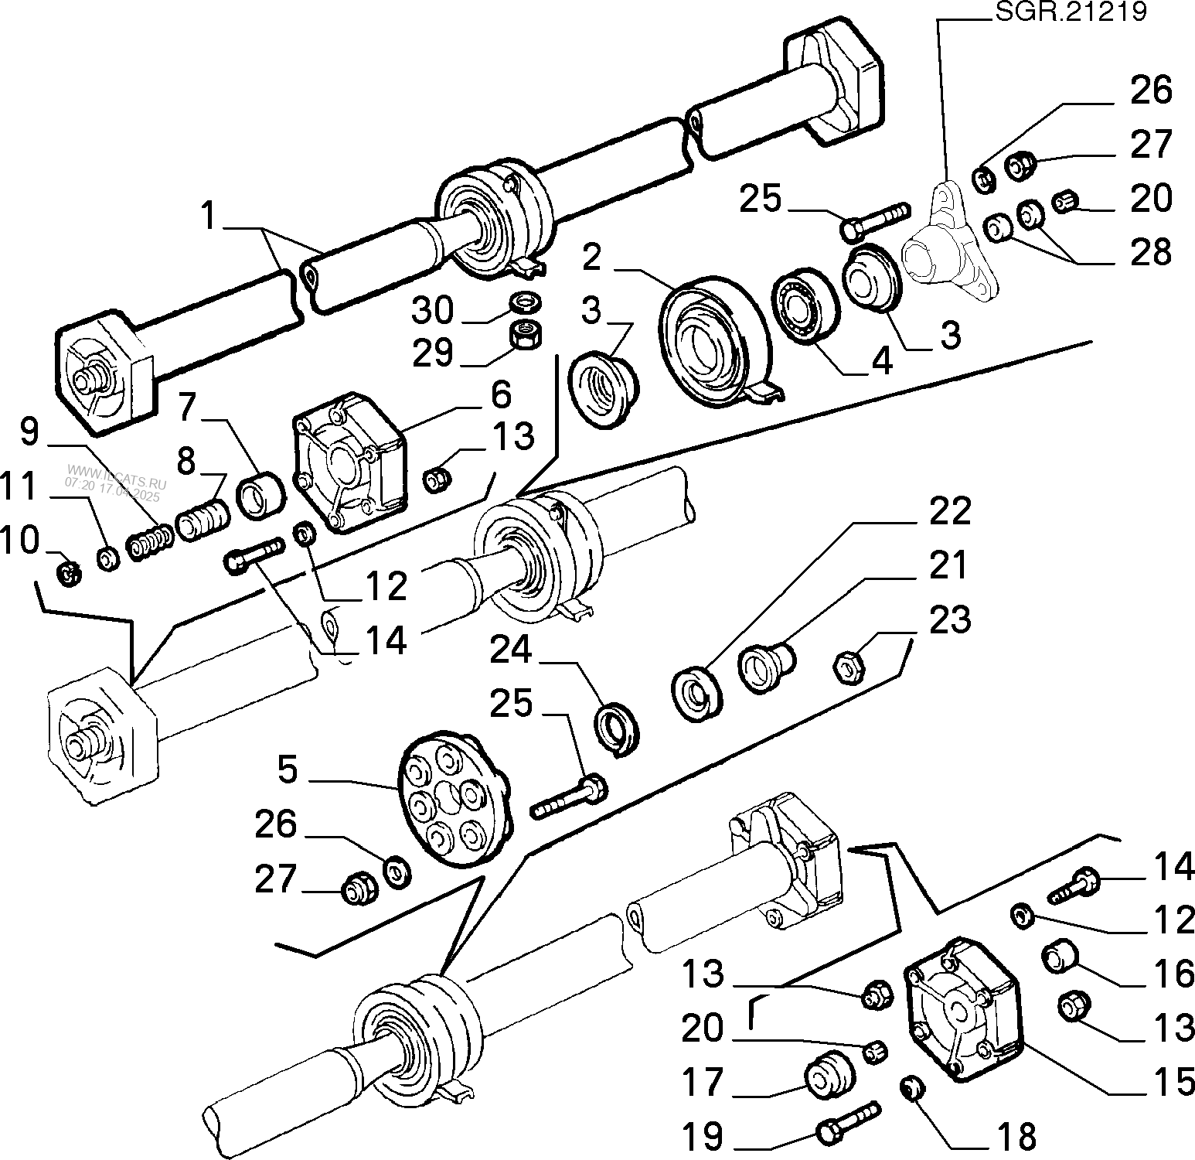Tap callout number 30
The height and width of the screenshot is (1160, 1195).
(431, 311)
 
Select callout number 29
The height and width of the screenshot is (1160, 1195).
(431, 353)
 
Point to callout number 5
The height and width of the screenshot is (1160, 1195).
(288, 770)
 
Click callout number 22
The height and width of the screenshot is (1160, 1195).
(948, 512)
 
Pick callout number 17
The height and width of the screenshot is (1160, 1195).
(702, 1083)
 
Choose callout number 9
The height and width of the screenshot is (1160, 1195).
(29, 432)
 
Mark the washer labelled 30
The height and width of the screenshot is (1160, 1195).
(526, 299)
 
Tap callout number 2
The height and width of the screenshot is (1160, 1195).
(591, 258)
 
